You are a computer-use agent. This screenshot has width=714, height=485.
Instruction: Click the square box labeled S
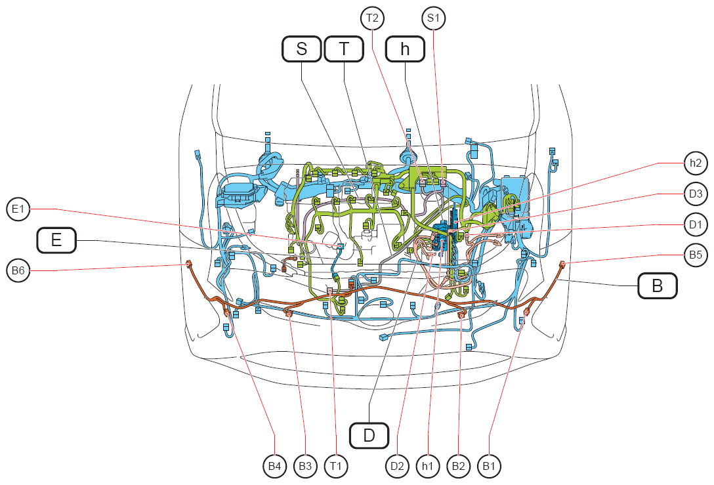pyautogui.click(x=301, y=49)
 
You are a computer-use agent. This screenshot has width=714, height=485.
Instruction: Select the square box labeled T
pyautogui.click(x=344, y=49)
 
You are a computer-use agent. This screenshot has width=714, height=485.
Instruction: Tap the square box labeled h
pyautogui.click(x=405, y=49)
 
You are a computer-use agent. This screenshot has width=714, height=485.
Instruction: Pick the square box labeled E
pyautogui.click(x=56, y=240)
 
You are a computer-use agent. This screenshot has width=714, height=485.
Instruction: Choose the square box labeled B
pyautogui.click(x=657, y=285)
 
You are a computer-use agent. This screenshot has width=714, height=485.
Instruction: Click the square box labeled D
pyautogui.click(x=369, y=435)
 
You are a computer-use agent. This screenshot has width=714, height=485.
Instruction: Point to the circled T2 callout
pyautogui.click(x=372, y=18)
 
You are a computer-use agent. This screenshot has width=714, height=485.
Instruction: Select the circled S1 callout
pyautogui.click(x=433, y=18)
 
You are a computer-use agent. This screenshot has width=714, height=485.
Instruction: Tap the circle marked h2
pyautogui.click(x=696, y=163)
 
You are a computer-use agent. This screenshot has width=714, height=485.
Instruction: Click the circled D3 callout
pyautogui.click(x=696, y=194)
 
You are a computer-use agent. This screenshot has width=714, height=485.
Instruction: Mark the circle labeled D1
pyautogui.click(x=696, y=224)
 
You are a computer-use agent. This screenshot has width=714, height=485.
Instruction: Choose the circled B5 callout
pyautogui.click(x=696, y=255)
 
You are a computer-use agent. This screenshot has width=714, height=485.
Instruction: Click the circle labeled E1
pyautogui.click(x=18, y=209)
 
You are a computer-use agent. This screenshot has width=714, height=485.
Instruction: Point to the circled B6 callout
pyautogui.click(x=18, y=270)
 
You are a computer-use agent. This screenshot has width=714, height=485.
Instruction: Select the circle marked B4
pyautogui.click(x=274, y=466)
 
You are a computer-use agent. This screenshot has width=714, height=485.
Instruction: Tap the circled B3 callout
pyautogui.click(x=305, y=466)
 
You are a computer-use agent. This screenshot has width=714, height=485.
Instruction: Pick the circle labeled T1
pyautogui.click(x=335, y=466)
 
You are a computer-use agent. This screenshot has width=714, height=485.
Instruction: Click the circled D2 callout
pyautogui.click(x=397, y=466)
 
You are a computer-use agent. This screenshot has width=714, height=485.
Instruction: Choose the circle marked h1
pyautogui.click(x=428, y=466)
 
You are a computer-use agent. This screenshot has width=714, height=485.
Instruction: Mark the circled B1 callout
pyautogui.click(x=489, y=466)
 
